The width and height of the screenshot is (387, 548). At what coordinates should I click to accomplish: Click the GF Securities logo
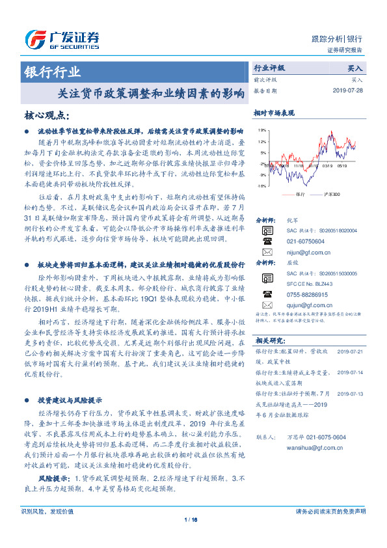61,40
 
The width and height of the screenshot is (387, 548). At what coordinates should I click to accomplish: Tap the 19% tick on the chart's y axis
261,130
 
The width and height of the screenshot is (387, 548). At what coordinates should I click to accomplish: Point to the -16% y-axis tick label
261,185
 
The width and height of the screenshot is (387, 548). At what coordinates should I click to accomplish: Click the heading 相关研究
270,340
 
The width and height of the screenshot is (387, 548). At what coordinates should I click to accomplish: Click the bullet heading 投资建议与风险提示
70,400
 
